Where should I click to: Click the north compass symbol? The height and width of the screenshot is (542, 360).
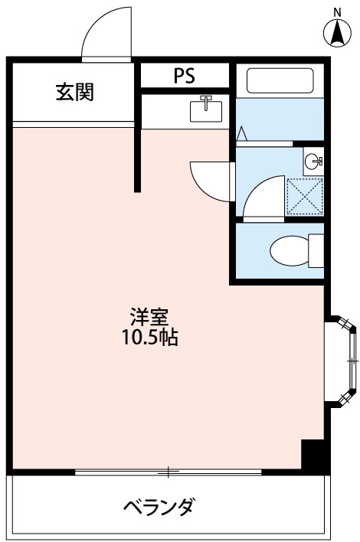pos(335,32)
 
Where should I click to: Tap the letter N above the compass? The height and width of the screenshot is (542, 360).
pos(335,11)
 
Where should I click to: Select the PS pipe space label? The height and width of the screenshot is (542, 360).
pos(184,76)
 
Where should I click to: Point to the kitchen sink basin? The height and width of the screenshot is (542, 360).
pos(205,109)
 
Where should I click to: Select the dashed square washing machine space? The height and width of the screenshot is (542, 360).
pos(304,197)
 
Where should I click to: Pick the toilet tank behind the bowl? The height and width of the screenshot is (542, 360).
pos(316,250)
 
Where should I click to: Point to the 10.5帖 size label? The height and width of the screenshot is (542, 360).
pos(150,337)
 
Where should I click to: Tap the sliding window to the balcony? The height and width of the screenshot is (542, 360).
pos(169,470)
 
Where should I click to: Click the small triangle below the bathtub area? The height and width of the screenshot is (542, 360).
pos(241,134)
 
